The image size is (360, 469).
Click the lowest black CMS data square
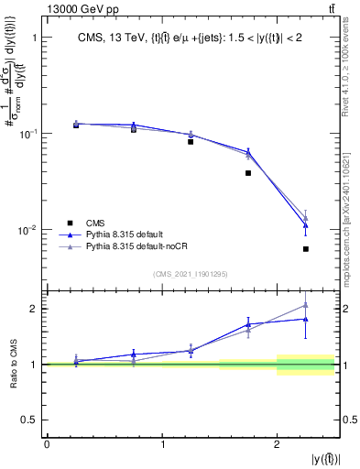click(x=306, y=249)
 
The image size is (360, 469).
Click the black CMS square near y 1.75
click(x=248, y=173)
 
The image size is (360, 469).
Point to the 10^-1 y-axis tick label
click(x=27, y=134)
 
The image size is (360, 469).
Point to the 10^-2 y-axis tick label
click(x=27, y=230)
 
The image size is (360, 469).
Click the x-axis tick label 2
click(x=278, y=444)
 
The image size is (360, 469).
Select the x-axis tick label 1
click(x=162, y=444)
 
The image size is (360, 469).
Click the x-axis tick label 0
click(x=47, y=444)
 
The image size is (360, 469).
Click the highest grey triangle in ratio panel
click(x=306, y=305)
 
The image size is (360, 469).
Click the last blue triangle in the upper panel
click(x=306, y=225)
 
